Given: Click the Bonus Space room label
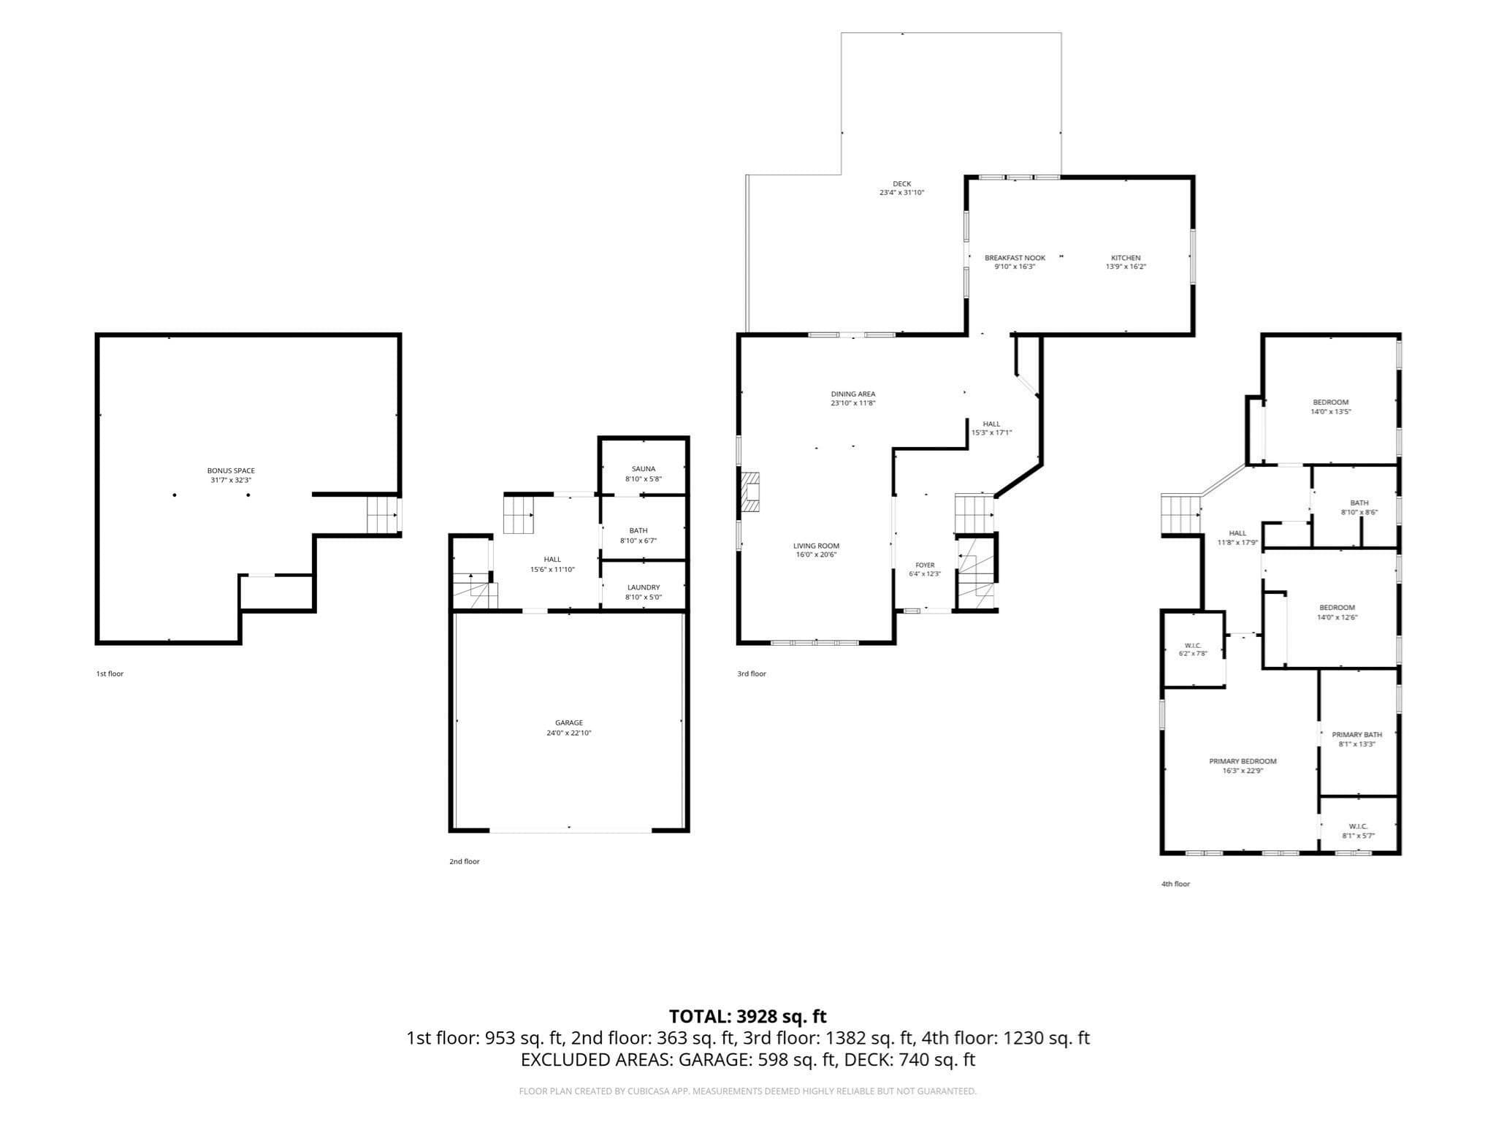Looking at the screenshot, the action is tap(231, 471).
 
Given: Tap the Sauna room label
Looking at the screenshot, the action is tap(644, 469).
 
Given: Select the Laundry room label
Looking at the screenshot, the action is tap(644, 587).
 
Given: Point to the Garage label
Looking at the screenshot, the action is tap(569, 723).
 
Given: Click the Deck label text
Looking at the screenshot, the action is tap(902, 184).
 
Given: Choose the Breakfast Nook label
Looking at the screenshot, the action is tap(1015, 258).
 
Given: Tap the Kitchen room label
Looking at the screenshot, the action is tap(1126, 258).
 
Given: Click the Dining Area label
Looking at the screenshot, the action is tap(853, 394).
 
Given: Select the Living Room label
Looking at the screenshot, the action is tap(817, 546).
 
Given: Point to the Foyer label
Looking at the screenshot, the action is tap(925, 565).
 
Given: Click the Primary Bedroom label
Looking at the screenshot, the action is tap(1243, 761).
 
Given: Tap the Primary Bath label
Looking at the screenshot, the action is tap(1357, 735).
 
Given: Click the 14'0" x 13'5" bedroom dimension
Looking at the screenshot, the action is tap(1331, 411).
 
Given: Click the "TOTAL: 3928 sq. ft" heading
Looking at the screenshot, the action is tap(748, 1016).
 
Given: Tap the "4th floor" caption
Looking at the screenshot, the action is tap(1176, 884).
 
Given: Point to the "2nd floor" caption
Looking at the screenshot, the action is tap(465, 861).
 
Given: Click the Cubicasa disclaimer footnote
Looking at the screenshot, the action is tap(748, 1091).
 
